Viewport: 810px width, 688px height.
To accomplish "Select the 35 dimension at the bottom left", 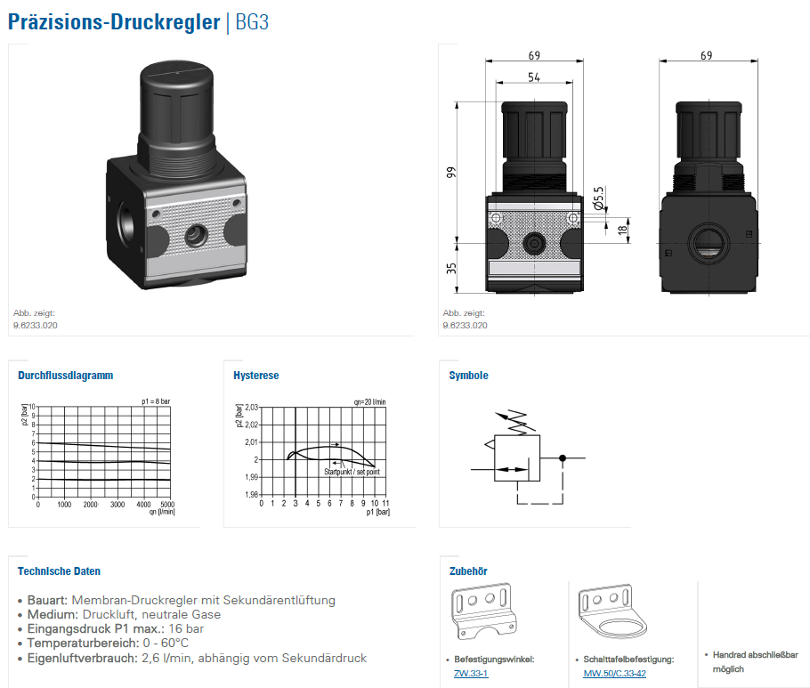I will coord(451,267).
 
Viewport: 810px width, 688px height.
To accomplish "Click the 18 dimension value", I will coord(623,230).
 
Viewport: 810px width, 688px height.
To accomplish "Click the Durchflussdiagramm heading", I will coord(66,376).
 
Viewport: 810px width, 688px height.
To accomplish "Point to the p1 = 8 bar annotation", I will coord(156,401).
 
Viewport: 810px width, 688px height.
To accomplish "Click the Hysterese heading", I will coord(255,376).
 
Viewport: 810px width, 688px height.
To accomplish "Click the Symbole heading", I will coord(468,376).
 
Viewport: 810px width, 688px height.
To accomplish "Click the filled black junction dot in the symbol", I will coord(562,457).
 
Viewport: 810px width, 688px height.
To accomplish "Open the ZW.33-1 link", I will coord(471,673).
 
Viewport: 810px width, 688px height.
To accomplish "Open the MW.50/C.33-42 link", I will coord(615,673).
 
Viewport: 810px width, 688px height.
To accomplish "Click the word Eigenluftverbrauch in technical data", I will coord(82,658).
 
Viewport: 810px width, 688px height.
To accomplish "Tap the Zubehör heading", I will coord(468,571).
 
